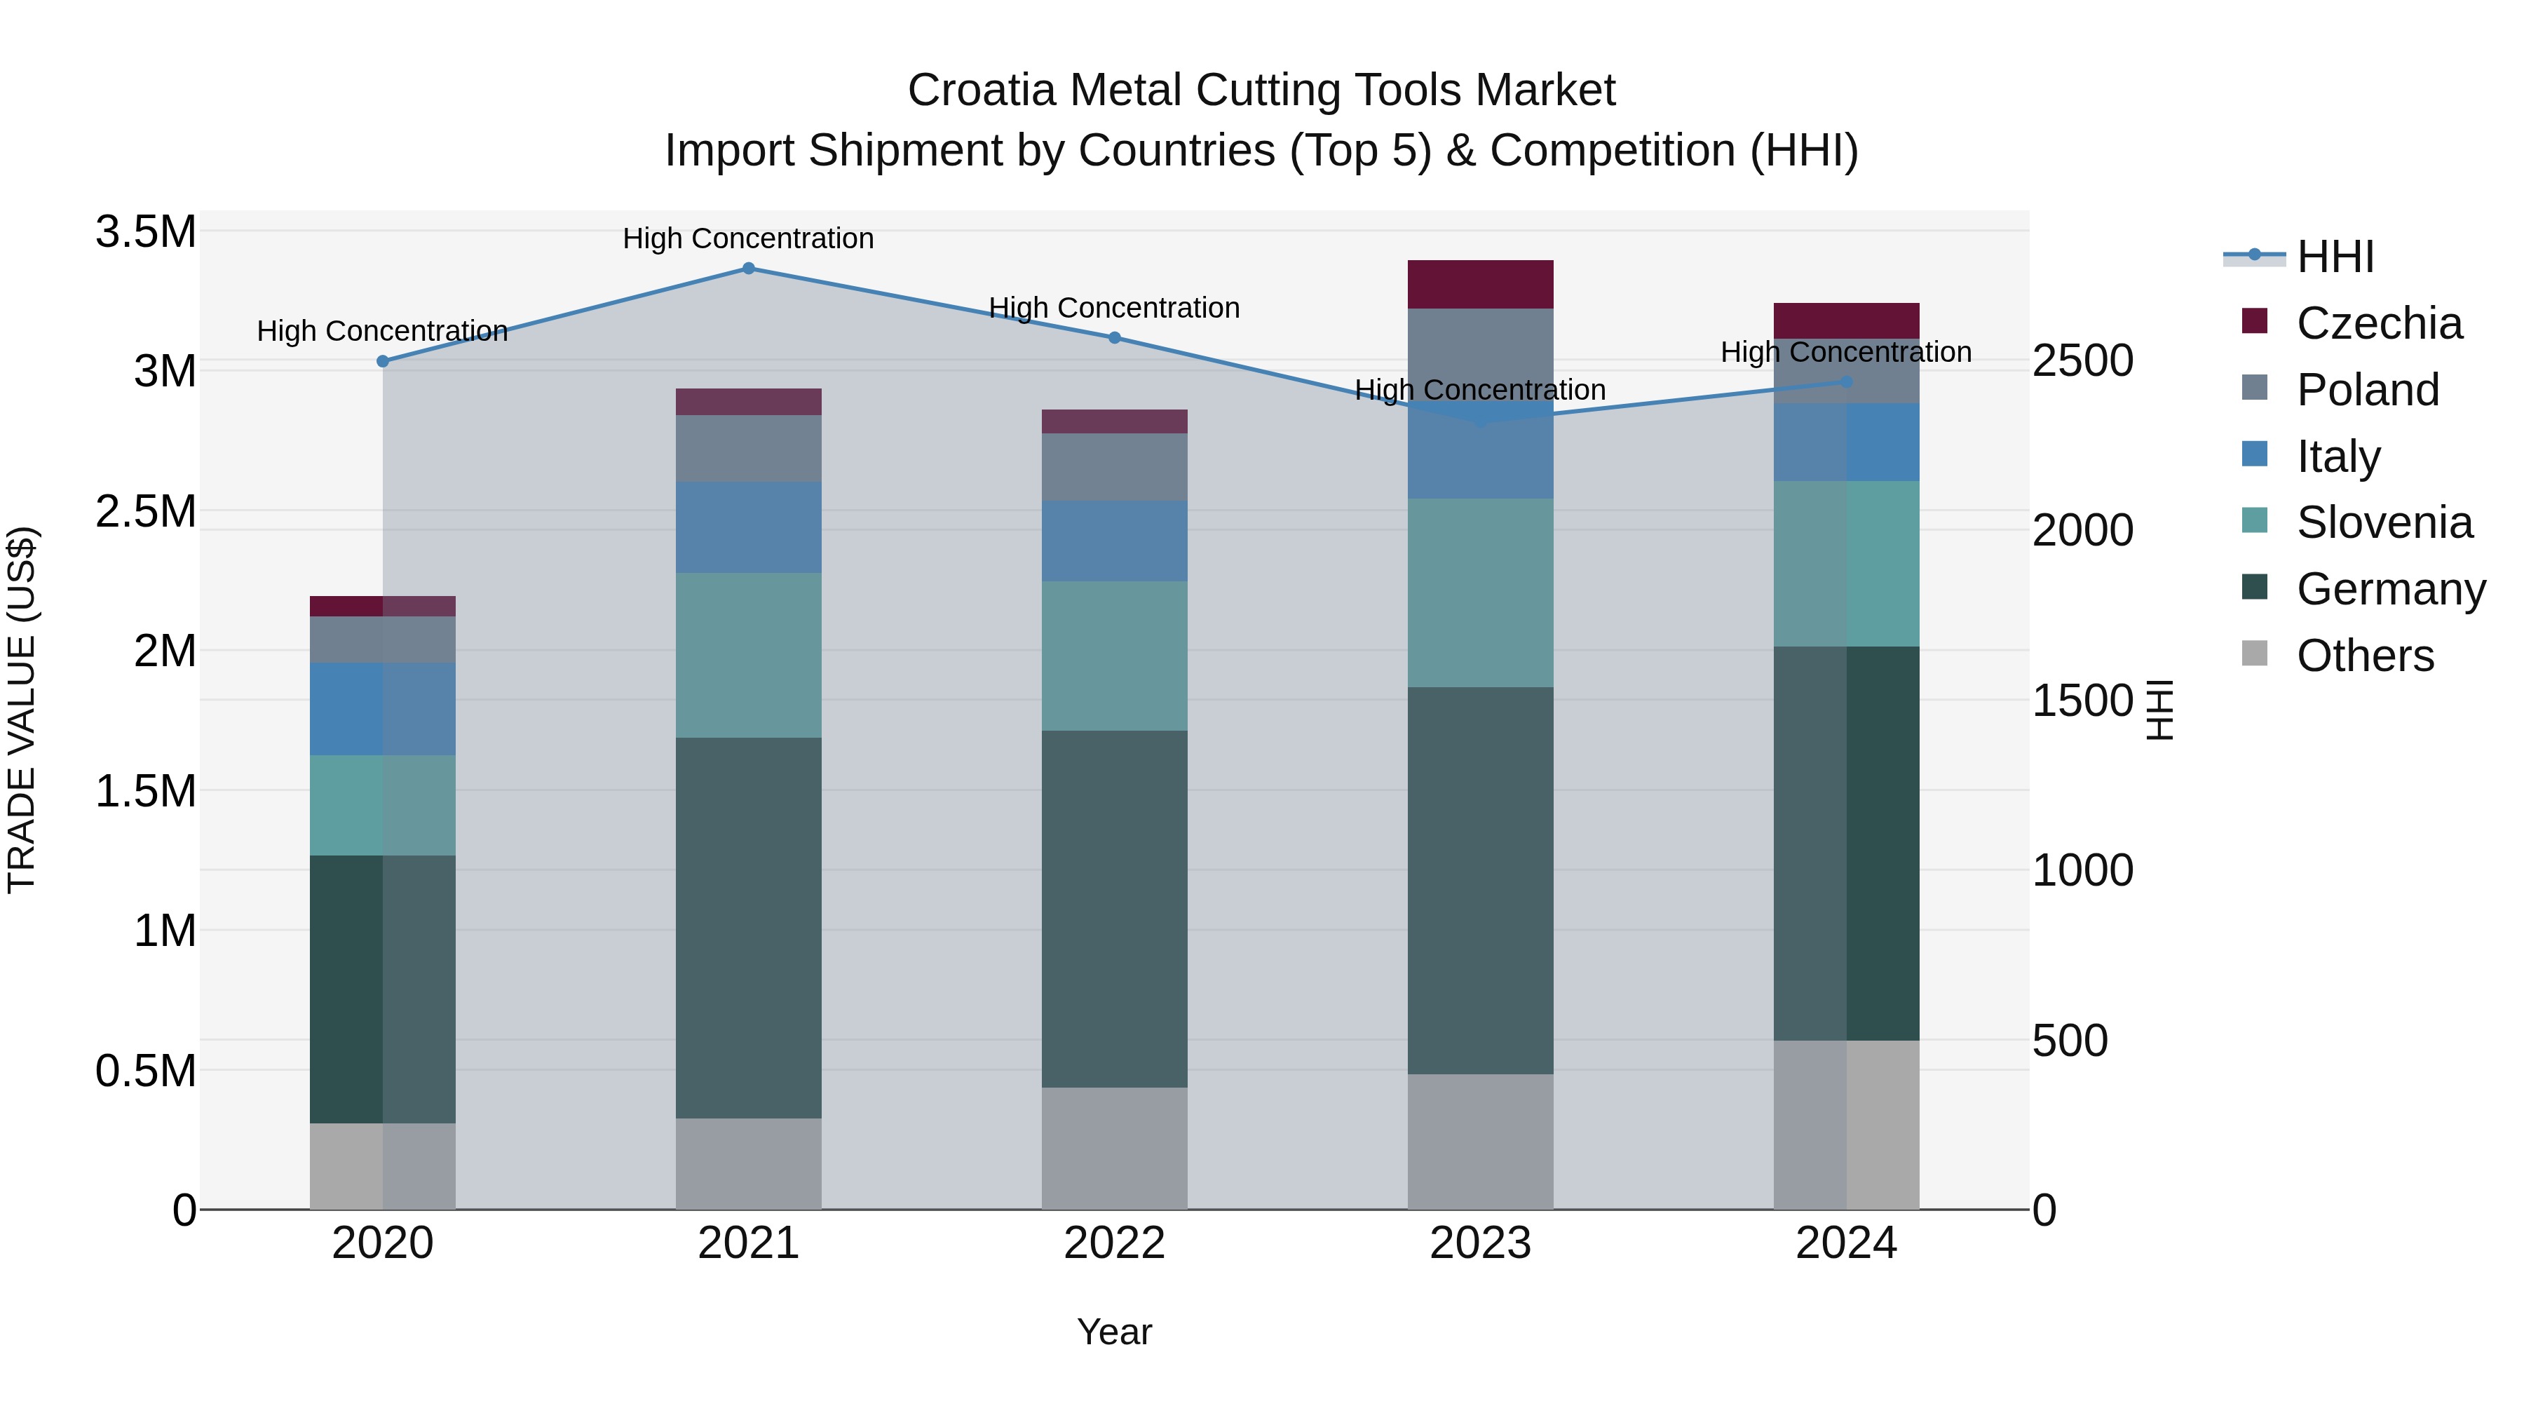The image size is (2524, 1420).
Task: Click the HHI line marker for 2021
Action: point(749,269)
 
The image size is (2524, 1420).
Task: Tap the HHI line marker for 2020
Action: point(383,362)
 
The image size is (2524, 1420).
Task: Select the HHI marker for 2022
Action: point(1114,338)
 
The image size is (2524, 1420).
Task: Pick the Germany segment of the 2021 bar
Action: point(749,927)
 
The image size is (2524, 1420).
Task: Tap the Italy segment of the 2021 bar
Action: point(749,527)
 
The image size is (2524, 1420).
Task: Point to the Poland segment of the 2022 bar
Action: point(1114,468)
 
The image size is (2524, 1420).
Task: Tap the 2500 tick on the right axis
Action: point(2082,360)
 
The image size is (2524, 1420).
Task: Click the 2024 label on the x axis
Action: point(1845,1243)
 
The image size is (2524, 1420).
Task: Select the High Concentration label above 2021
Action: point(749,238)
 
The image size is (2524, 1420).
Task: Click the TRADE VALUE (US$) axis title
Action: point(22,710)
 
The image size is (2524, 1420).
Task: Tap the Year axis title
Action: point(1114,1332)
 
